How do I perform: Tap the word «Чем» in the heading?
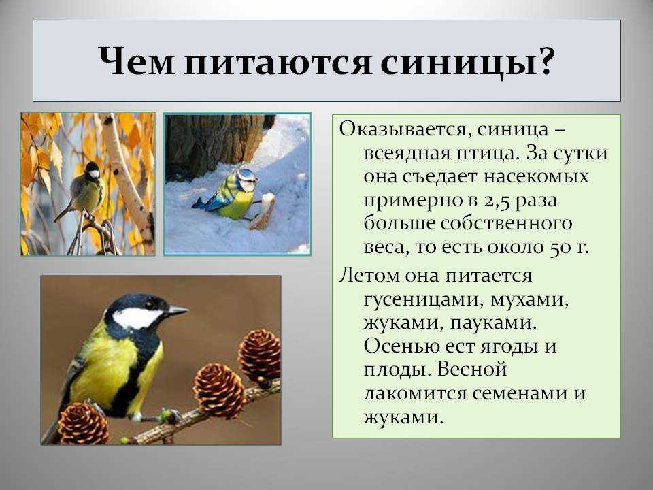click(136, 62)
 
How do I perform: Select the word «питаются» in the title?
click(278, 63)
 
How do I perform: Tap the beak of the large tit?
click(178, 310)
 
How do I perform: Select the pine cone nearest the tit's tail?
click(83, 423)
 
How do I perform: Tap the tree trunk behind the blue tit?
click(212, 142)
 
